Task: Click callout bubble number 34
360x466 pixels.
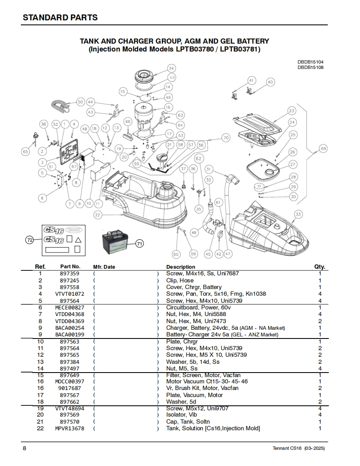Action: pos(171,68)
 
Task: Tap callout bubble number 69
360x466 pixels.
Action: pos(323,149)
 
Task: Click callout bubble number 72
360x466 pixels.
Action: pos(30,240)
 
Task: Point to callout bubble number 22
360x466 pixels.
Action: pos(98,215)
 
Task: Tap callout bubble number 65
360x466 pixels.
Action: pos(26,152)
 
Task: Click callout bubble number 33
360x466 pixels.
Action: pos(298,214)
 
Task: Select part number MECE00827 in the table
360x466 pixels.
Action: pos(69,307)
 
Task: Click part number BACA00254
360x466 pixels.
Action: pos(69,328)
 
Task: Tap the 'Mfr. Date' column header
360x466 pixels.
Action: pos(104,267)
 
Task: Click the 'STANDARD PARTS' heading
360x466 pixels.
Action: pos(60,17)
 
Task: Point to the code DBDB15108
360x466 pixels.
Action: pos(310,67)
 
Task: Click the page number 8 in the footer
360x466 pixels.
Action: pos(25,448)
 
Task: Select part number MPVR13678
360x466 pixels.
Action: pos(69,428)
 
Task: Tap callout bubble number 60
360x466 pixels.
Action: pos(176,254)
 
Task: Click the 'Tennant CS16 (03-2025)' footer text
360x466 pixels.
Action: pos(298,449)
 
